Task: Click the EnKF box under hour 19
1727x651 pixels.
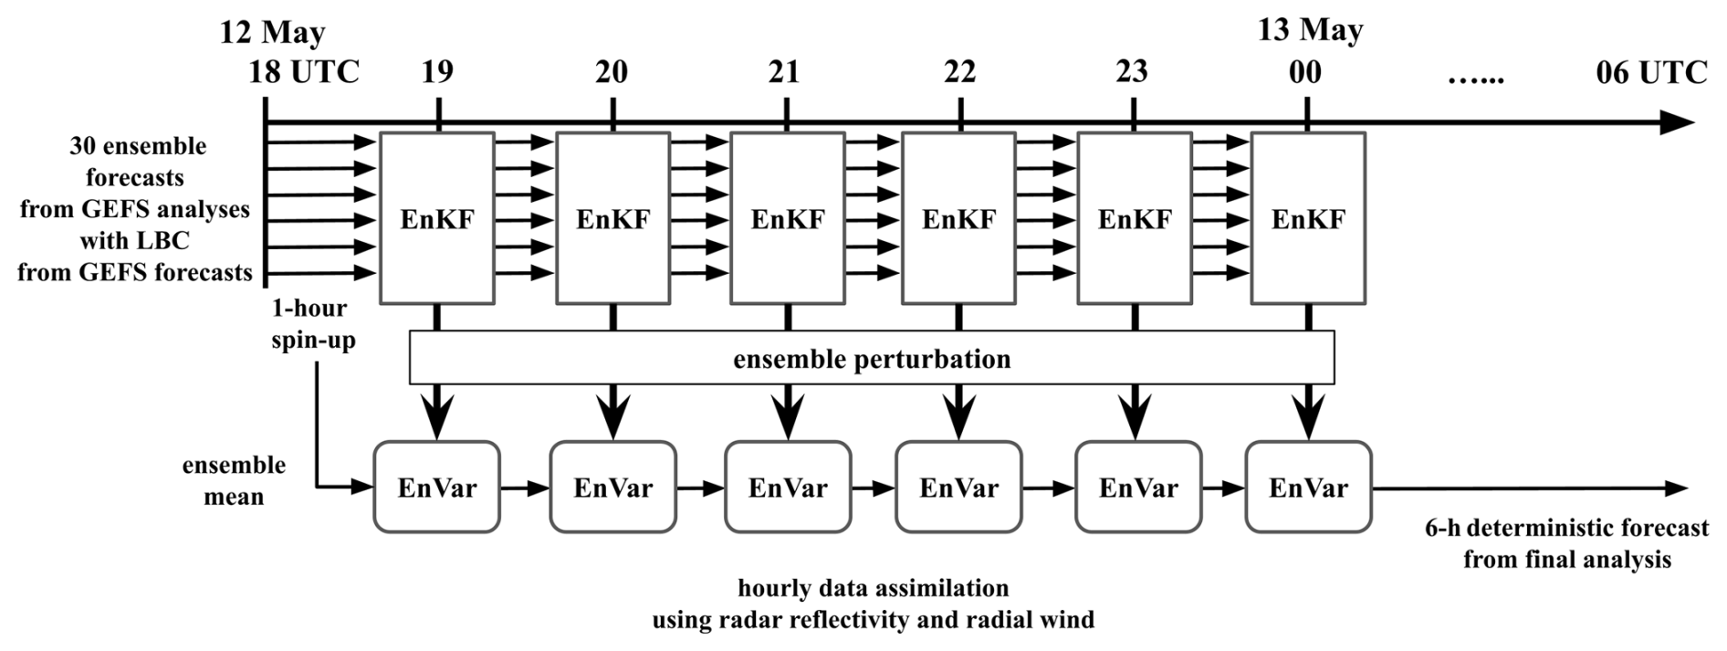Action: click(x=437, y=218)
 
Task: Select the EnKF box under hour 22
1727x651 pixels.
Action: click(x=958, y=218)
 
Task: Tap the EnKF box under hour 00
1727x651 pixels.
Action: click(x=1308, y=218)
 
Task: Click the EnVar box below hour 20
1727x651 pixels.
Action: click(x=613, y=487)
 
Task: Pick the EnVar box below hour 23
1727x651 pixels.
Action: click(x=1138, y=487)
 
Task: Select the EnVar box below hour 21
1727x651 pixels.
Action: click(x=788, y=487)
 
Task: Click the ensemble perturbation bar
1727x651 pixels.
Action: click(x=872, y=358)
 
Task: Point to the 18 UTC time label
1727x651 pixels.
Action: click(x=304, y=72)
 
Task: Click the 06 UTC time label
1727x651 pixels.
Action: click(x=1651, y=72)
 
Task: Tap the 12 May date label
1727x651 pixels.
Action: click(x=272, y=33)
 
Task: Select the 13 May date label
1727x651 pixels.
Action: click(x=1310, y=30)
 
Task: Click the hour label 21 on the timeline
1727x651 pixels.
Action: click(x=784, y=72)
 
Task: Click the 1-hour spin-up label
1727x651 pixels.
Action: click(x=313, y=324)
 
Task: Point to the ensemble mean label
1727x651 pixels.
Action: click(x=234, y=480)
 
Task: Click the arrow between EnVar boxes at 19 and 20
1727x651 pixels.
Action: click(x=525, y=488)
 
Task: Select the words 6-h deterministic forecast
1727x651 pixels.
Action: click(x=1566, y=528)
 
